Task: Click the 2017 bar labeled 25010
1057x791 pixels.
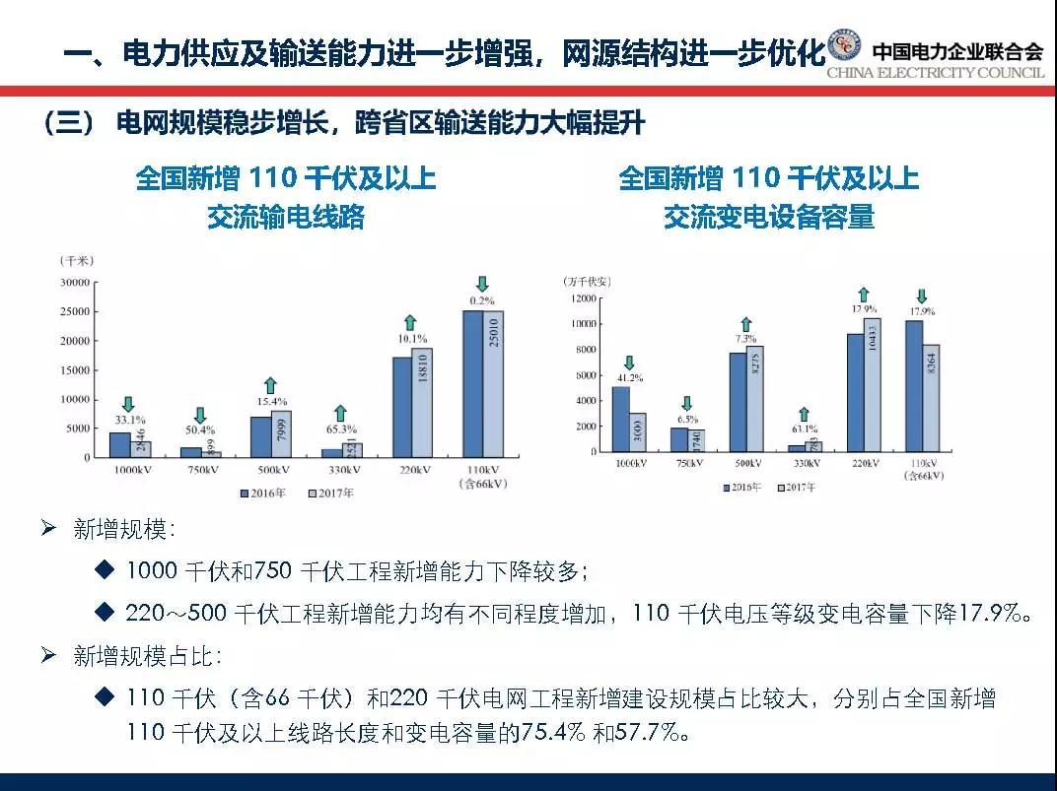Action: point(493,384)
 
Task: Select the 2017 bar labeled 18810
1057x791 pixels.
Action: point(422,402)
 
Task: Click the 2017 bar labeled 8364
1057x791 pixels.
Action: point(931,398)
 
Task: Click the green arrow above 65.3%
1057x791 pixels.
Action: point(340,414)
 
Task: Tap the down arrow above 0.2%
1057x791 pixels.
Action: point(482,284)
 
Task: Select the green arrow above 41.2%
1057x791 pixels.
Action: point(630,363)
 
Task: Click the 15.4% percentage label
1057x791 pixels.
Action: point(271,402)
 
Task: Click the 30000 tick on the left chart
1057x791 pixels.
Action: point(75,283)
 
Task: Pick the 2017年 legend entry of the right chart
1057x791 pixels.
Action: point(799,487)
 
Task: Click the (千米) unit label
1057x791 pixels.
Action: point(76,261)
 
